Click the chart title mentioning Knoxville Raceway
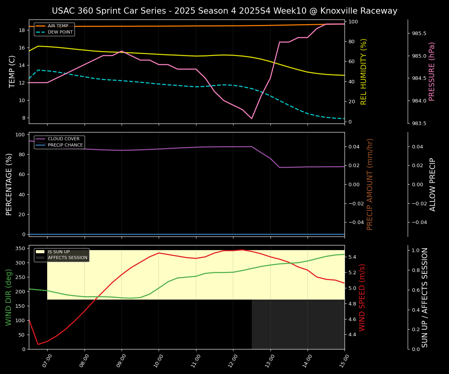(x=224, y=11)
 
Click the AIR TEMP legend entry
(x=58, y=26)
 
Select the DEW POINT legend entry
(x=60, y=32)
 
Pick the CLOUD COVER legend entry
(x=64, y=139)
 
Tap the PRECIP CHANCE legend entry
(x=65, y=145)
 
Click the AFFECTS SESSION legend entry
(x=67, y=258)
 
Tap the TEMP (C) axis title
(x=12, y=71)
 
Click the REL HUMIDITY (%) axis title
(x=364, y=71)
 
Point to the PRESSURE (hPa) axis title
(x=432, y=71)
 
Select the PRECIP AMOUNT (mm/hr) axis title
(x=370, y=184)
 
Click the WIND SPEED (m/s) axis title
(x=362, y=297)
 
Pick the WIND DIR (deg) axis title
(x=9, y=297)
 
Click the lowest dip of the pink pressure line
(x=251, y=118)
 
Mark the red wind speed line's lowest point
(x=38, y=344)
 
